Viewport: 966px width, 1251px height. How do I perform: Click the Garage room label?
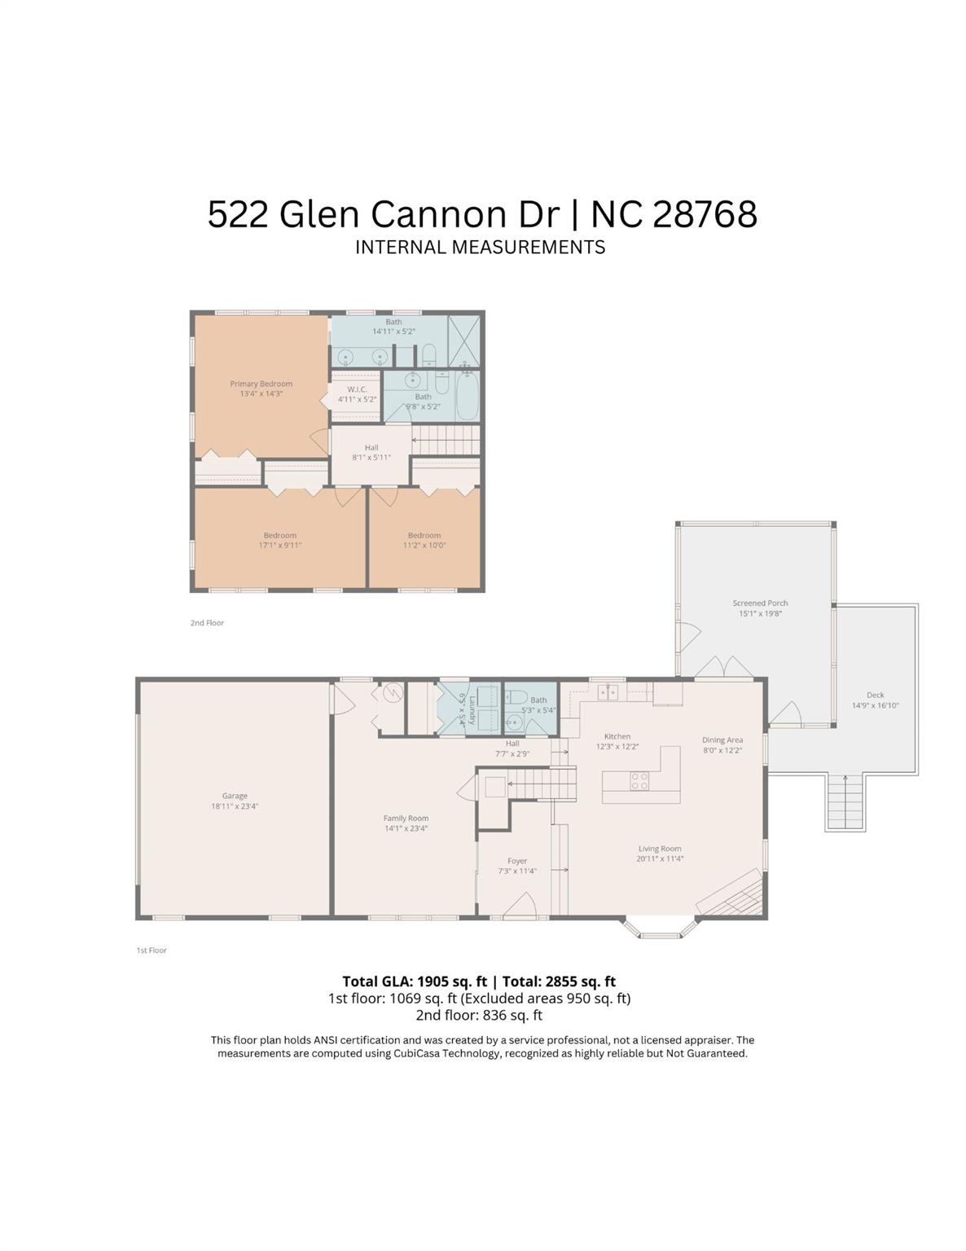[x=235, y=796]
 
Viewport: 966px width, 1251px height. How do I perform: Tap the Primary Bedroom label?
[x=261, y=384]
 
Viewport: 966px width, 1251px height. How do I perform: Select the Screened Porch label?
[x=760, y=604]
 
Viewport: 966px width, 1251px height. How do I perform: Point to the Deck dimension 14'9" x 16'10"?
[x=875, y=706]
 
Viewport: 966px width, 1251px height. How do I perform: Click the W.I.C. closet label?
[x=357, y=389]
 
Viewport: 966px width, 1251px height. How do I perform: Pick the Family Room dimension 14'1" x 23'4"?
[x=406, y=828]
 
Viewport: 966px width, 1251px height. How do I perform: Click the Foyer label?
[x=517, y=861]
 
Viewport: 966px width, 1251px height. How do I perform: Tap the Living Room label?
[x=660, y=849]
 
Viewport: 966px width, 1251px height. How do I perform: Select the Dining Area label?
[x=722, y=740]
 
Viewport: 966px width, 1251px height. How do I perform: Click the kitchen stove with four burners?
[x=640, y=781]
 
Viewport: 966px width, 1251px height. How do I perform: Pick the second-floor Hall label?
[x=371, y=447]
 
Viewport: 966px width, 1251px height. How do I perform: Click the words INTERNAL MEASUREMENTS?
[x=480, y=247]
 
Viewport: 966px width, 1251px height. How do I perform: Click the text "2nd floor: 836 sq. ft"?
[x=479, y=1015]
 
